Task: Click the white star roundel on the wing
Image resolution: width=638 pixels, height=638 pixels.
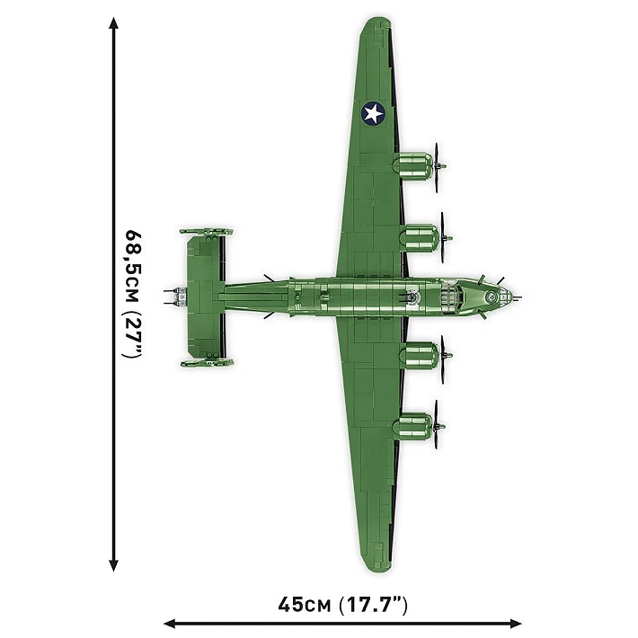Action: (x=373, y=112)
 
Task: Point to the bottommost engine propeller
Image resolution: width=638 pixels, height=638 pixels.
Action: (x=438, y=422)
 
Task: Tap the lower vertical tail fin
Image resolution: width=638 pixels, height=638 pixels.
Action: (x=206, y=362)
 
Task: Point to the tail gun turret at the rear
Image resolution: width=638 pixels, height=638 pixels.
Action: (x=173, y=295)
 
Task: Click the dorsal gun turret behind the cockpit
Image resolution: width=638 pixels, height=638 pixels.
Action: (x=412, y=295)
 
